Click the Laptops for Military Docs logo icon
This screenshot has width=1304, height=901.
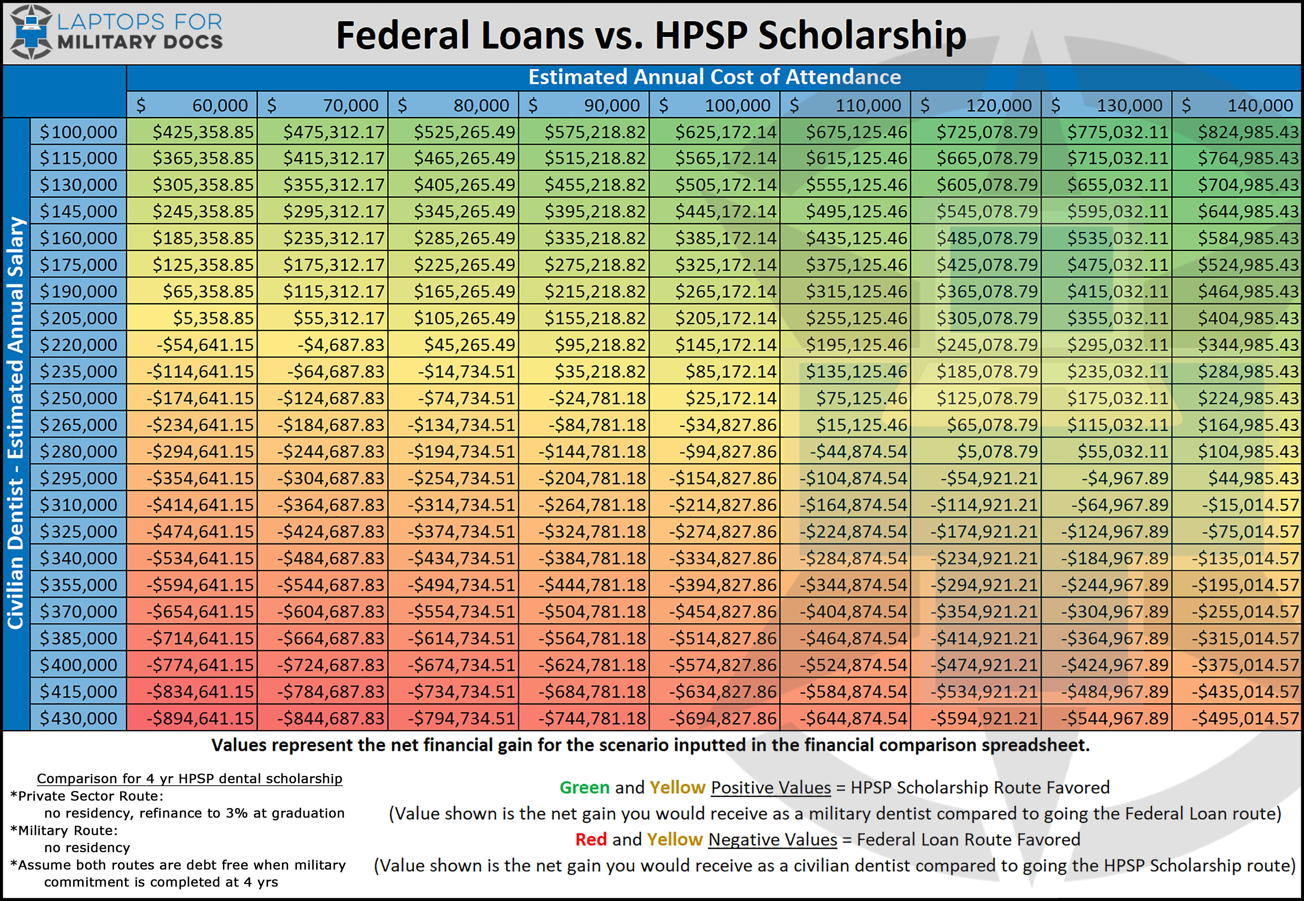(31, 32)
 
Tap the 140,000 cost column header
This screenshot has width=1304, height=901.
(1237, 105)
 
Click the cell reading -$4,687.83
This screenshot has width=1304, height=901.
(323, 345)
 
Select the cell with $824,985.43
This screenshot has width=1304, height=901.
(1237, 132)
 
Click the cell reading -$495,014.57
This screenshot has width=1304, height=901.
(1237, 718)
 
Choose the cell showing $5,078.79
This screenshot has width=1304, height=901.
(976, 451)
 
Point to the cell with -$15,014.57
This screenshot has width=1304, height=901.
(1237, 505)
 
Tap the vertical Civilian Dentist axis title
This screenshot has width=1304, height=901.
(16, 423)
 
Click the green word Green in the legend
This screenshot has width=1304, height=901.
(584, 787)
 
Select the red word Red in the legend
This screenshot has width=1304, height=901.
(590, 840)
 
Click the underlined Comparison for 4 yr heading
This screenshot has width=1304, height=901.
(190, 779)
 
